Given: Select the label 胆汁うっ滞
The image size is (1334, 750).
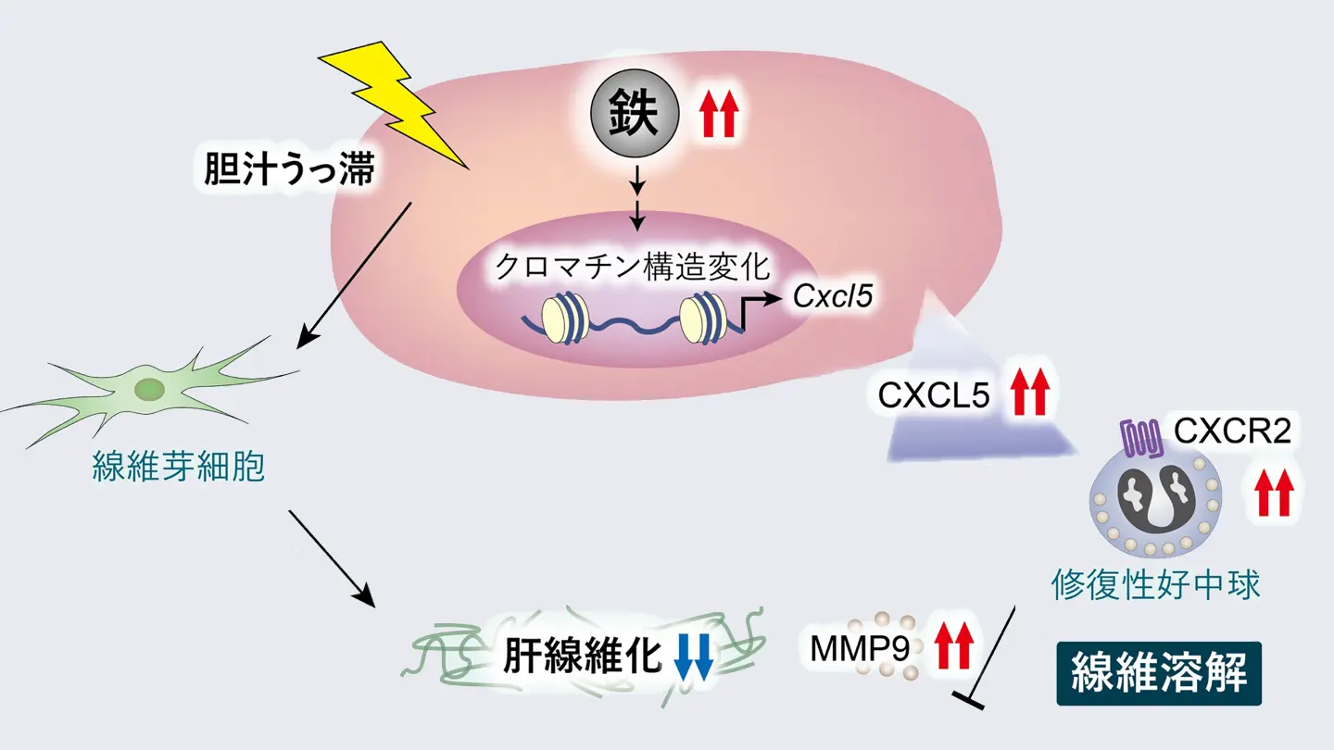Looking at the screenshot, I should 290,172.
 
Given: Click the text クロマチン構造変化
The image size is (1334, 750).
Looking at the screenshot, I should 632,268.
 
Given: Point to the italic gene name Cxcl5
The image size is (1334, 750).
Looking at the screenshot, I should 834,297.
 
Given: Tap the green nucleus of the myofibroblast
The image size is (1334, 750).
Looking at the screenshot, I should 148,389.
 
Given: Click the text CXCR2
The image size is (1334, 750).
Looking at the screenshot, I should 1232,431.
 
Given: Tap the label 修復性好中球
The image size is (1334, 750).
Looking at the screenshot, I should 1155,585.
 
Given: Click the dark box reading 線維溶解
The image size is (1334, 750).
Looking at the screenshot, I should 1159,674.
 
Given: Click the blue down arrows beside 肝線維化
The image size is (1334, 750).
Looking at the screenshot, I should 693,657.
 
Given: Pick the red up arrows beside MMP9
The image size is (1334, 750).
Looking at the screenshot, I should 953,646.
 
